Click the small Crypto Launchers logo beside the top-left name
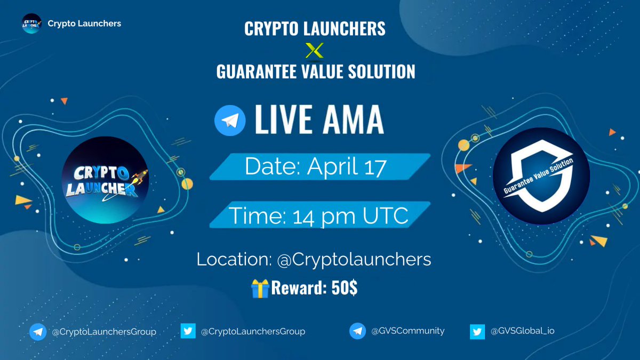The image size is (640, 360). coord(31,23)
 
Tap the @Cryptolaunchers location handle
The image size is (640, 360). coord(354,260)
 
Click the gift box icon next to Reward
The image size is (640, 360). coord(259,288)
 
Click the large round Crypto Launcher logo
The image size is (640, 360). coord(105,183)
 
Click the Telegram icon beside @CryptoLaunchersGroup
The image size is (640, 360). coord(37,331)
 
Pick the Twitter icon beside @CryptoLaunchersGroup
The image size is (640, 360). coord(187,331)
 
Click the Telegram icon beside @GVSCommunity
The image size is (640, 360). coord(357,331)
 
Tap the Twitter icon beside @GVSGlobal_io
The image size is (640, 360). coord(477,331)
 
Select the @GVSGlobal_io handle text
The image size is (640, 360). coord(523,331)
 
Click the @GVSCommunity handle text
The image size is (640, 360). coord(408,331)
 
